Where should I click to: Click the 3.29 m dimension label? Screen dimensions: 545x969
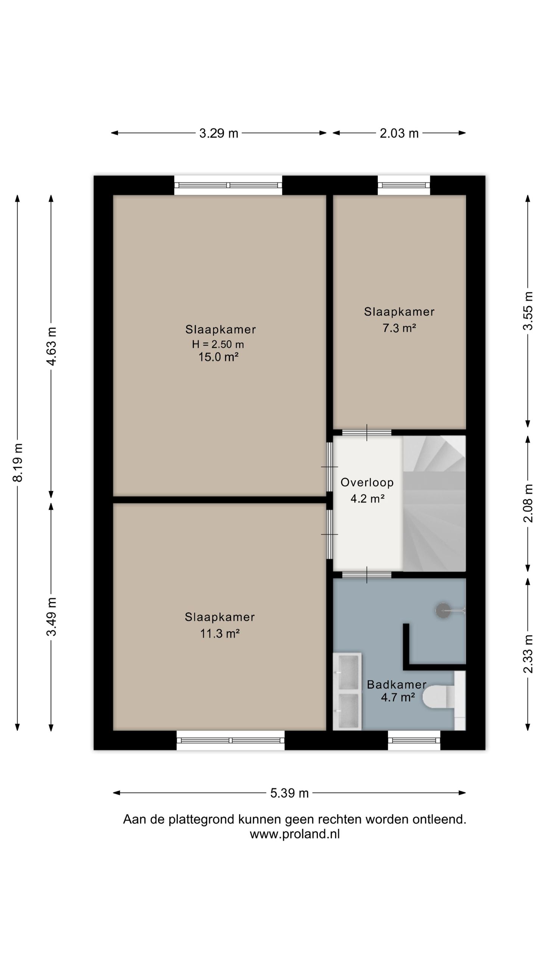[x=219, y=133]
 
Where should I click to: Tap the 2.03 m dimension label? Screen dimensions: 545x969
[x=399, y=133]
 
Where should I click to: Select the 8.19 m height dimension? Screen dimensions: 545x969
[x=18, y=463]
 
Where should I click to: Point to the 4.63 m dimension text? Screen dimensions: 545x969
[x=51, y=346]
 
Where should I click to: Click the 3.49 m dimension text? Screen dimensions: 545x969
[x=51, y=617]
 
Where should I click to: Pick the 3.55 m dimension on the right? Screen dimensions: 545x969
[x=528, y=311]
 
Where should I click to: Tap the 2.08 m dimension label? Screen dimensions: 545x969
[x=528, y=503]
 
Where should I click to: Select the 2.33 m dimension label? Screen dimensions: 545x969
[x=528, y=654]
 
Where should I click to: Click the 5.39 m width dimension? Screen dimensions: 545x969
[x=290, y=793]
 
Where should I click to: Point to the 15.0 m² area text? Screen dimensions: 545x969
[x=218, y=357]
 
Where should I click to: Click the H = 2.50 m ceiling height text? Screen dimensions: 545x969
[x=218, y=344]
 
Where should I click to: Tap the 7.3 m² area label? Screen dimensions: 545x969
[x=399, y=328]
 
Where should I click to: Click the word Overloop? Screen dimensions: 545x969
[x=367, y=482]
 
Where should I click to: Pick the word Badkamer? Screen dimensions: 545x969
[x=397, y=684]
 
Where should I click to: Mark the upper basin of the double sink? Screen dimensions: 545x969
[x=348, y=672]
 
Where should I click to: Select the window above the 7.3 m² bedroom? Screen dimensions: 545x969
[x=404, y=185]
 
